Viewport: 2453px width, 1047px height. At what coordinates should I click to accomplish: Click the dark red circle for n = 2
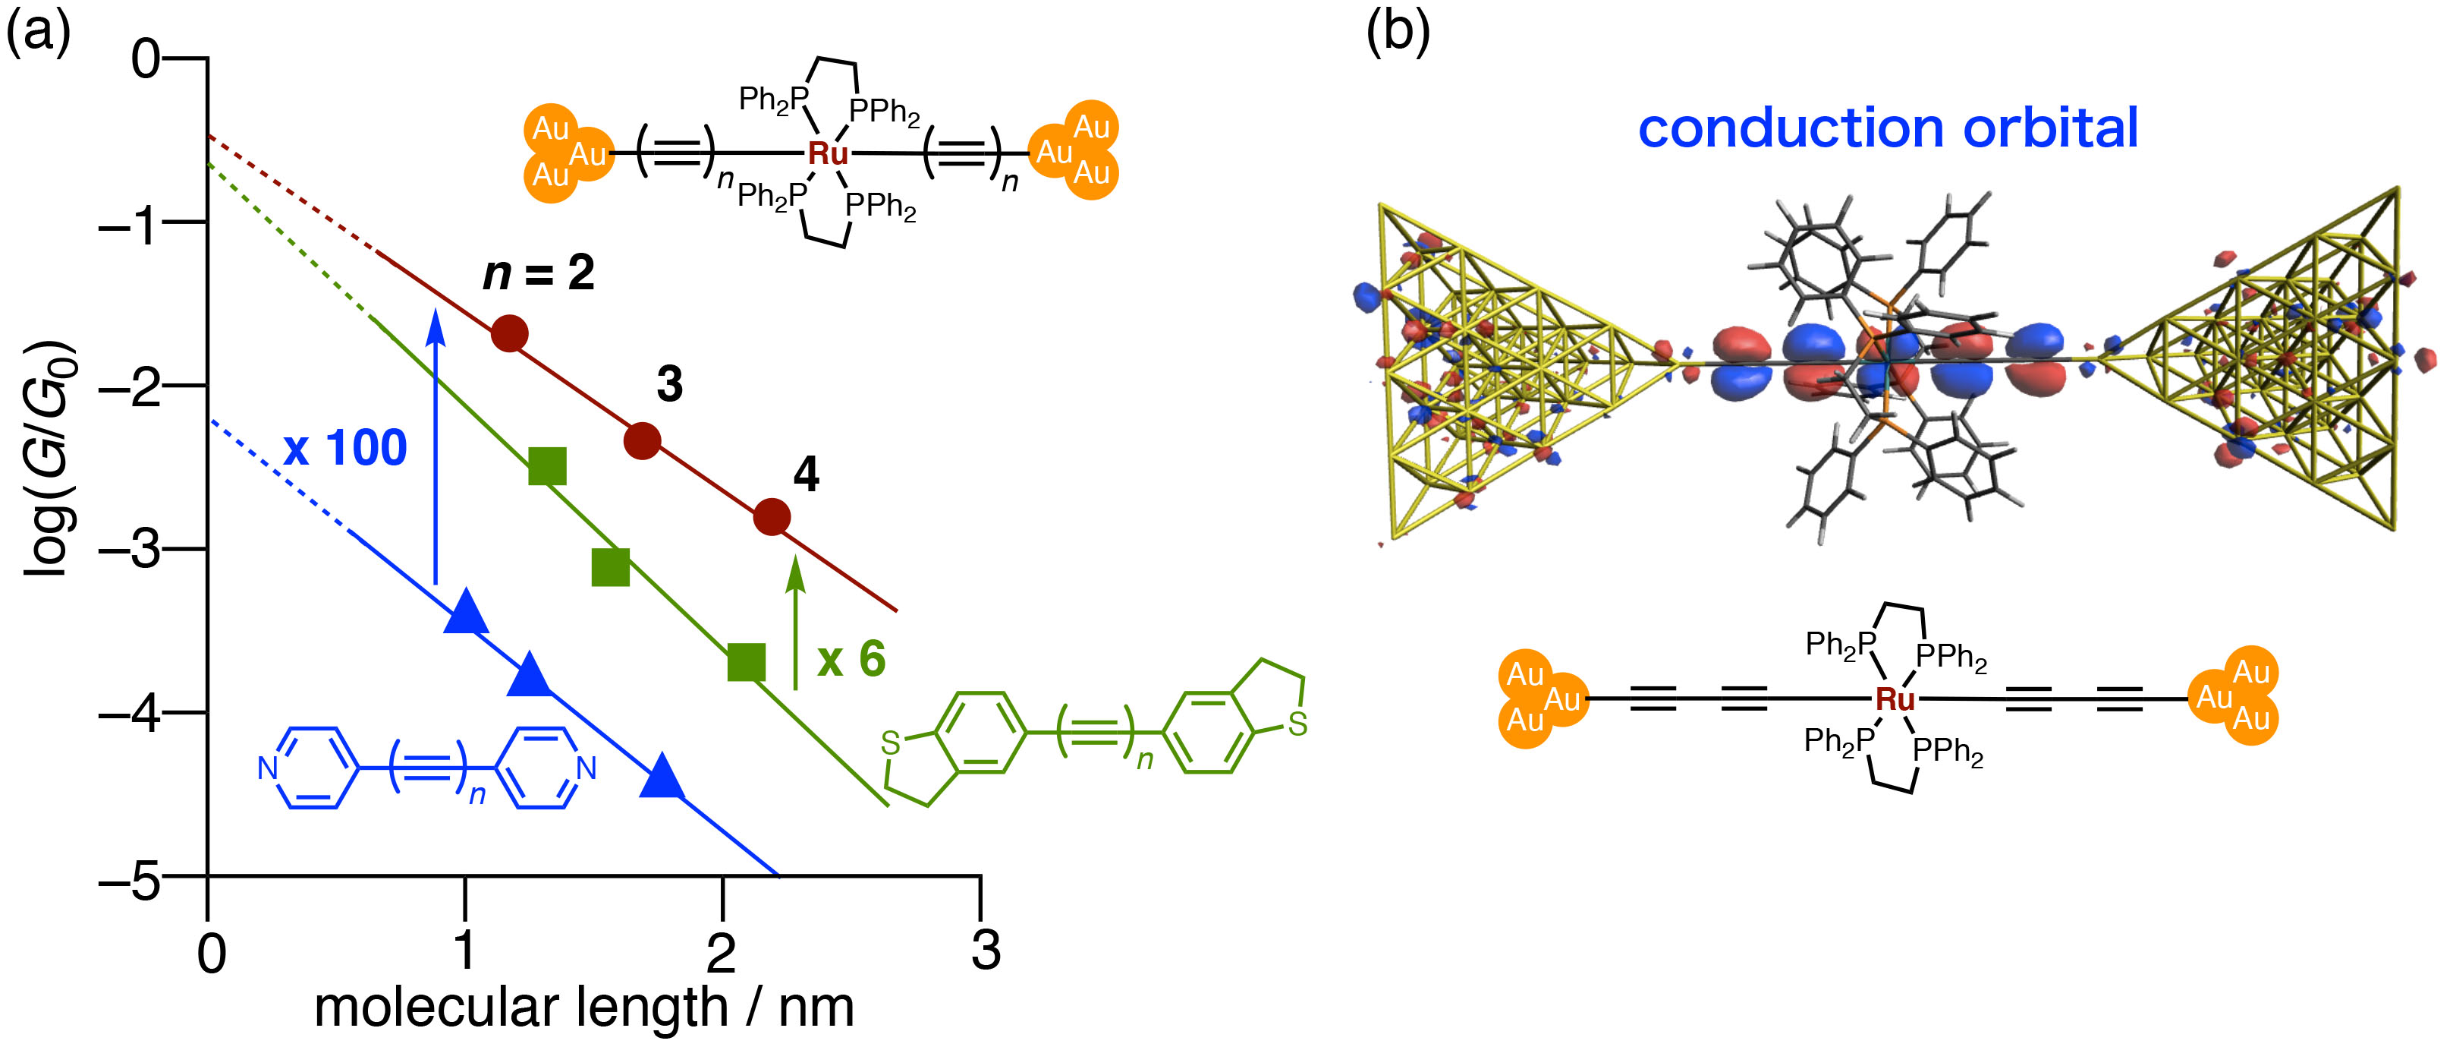[x=509, y=333]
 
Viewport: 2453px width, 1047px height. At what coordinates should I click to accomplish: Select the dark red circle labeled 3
[x=642, y=441]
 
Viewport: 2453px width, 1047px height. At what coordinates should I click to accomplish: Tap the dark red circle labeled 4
[x=772, y=517]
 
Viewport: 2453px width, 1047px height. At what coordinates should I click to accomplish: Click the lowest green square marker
[x=746, y=662]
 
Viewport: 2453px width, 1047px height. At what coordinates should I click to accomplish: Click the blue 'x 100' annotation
[x=344, y=448]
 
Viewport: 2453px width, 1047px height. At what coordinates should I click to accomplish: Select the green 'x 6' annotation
[x=851, y=659]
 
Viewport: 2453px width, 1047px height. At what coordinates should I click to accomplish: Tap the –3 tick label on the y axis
[x=131, y=550]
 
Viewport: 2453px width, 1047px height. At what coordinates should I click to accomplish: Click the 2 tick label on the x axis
[x=721, y=951]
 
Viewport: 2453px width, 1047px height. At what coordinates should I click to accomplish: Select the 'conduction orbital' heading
[x=1888, y=128]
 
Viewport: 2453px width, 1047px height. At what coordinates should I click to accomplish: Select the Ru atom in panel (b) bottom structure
[x=1894, y=700]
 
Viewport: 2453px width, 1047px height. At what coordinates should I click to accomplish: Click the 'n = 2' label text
[x=539, y=274]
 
